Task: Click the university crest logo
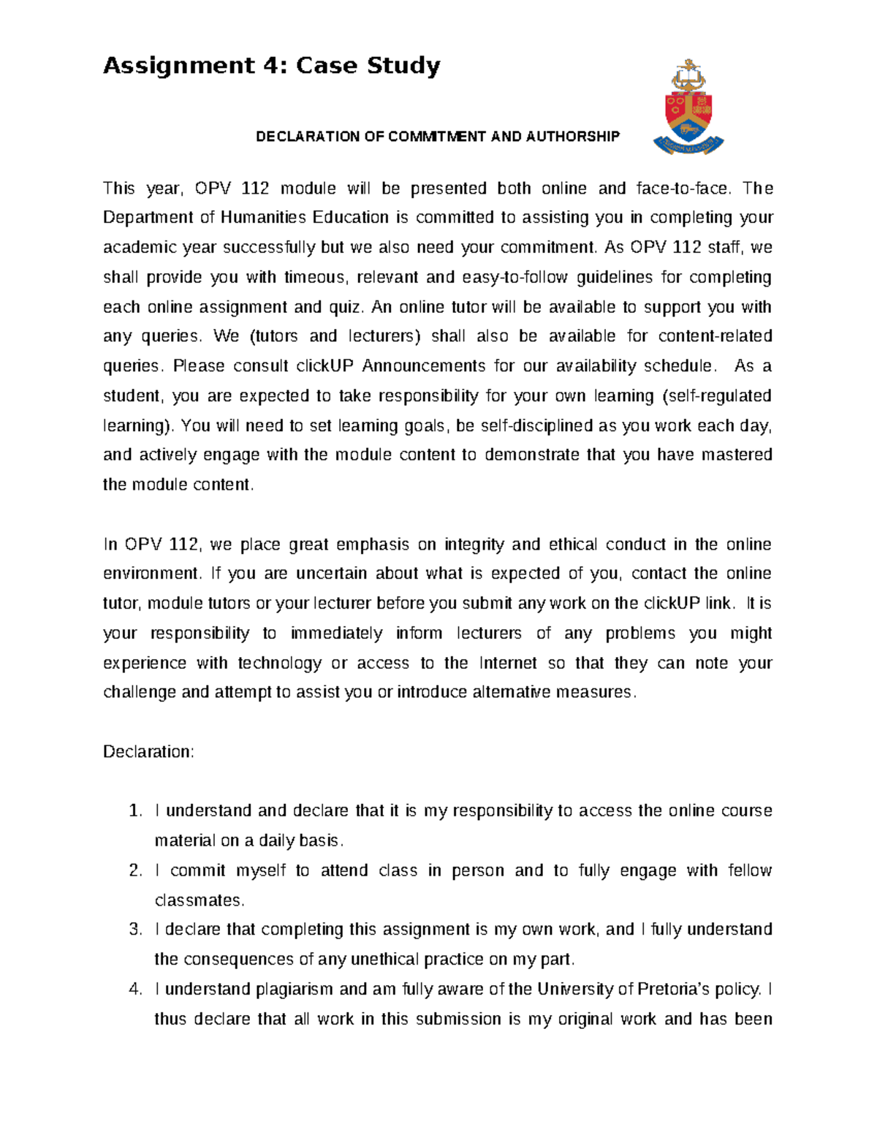(688, 107)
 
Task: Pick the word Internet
(508, 664)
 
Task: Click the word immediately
(336, 634)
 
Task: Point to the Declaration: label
(148, 752)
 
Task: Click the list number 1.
(134, 811)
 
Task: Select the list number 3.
(134, 930)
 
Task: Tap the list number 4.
(134, 990)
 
